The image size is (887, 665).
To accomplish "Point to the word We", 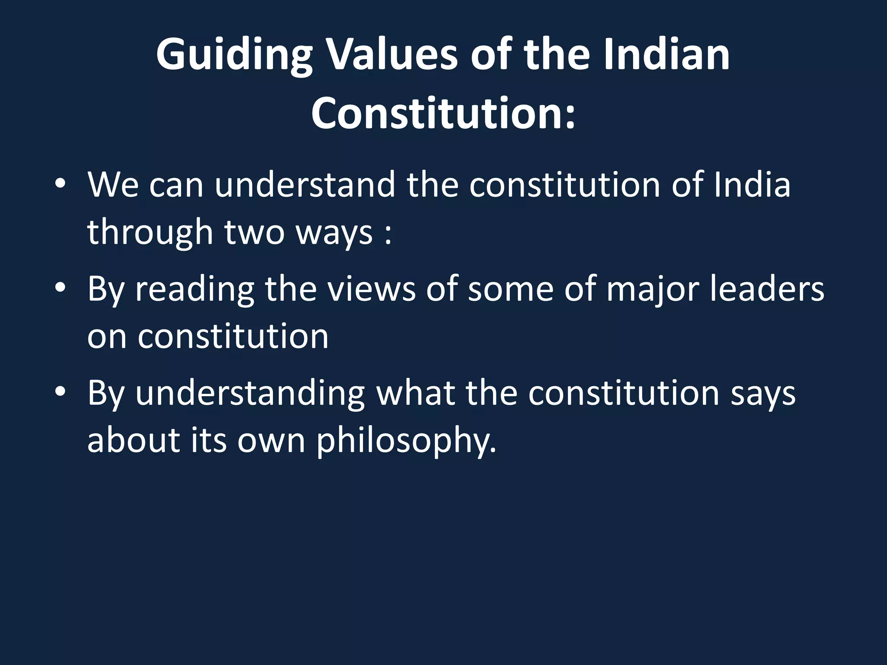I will point(113,185).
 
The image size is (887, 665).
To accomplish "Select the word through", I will point(150,232).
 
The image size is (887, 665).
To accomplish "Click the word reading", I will point(195,290).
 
